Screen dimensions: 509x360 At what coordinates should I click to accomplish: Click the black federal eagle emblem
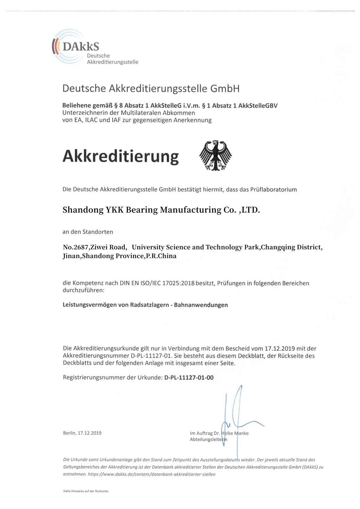215,156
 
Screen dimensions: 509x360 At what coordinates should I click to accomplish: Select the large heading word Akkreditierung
121,156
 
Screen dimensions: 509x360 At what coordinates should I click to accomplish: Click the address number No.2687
76,247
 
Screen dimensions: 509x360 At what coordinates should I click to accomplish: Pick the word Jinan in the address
71,256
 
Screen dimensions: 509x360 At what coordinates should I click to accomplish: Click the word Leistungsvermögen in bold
90,305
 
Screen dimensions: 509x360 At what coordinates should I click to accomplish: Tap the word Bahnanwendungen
201,305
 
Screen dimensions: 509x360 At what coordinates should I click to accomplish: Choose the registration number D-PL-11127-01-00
189,378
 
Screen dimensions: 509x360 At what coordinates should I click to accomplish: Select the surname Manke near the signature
241,433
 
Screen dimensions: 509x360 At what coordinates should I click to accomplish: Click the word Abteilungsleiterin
208,439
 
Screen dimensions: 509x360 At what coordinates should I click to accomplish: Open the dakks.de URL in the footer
151,474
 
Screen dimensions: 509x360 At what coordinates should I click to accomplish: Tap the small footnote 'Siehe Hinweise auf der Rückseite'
85,491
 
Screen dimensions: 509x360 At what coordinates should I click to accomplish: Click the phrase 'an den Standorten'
88,232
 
